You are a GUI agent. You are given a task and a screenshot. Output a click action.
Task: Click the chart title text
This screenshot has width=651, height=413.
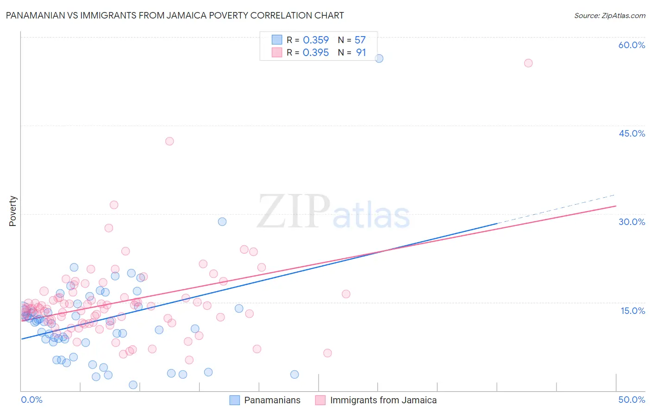175,15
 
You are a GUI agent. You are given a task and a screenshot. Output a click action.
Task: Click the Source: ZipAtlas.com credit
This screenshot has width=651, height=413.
609,15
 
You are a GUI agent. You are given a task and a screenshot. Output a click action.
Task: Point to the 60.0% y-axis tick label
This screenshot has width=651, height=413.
632,45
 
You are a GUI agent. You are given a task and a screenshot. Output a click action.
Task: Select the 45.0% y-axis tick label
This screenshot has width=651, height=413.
632,133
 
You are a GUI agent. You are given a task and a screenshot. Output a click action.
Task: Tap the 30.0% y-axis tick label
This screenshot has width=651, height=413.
632,222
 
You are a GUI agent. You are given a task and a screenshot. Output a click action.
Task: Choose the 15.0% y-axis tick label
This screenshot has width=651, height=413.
632,311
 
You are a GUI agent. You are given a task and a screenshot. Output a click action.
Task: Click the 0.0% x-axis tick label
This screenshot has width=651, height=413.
31,400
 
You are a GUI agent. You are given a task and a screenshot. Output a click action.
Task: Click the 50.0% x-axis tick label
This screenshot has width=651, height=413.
632,400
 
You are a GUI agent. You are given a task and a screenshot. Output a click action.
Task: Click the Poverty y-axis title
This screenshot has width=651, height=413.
13,211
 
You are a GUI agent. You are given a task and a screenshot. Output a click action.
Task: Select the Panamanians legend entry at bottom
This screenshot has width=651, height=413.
272,400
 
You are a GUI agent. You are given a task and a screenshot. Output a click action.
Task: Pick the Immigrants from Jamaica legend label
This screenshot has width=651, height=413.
383,400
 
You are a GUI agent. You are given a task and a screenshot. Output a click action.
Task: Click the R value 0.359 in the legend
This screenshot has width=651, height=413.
316,40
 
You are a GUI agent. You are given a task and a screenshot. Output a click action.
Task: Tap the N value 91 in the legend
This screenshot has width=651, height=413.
361,53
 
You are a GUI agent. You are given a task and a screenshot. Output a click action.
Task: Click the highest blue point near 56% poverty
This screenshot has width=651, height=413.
379,58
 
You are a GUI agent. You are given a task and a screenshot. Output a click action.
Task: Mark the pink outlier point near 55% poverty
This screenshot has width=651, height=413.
528,63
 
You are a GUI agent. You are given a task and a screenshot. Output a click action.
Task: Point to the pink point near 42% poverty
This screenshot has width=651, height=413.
169,141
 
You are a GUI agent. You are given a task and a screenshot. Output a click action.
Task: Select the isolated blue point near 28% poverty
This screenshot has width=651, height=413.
222,222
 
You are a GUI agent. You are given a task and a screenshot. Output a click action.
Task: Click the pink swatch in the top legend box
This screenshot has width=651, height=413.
277,52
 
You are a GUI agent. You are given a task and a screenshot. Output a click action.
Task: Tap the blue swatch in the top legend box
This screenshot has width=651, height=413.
277,40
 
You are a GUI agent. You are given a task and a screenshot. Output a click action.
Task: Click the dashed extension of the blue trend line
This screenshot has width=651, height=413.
556,209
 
